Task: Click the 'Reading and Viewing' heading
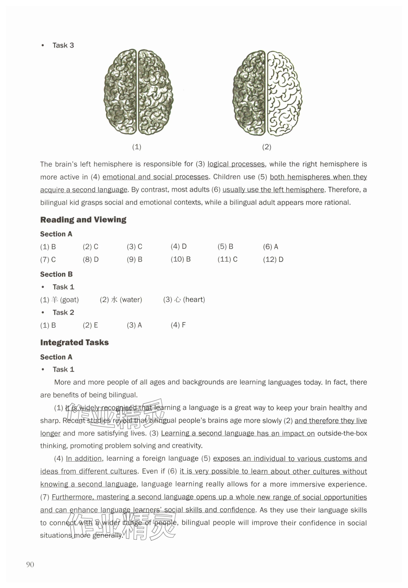(x=83, y=220)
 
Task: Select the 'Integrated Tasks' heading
(x=74, y=342)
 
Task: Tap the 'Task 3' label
(x=63, y=45)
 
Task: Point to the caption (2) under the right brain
(x=266, y=147)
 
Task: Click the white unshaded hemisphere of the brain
(x=284, y=93)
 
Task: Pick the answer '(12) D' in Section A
(x=273, y=260)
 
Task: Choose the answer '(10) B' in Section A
(x=180, y=259)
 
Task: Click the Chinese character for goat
(x=54, y=300)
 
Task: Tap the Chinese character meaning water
(x=114, y=300)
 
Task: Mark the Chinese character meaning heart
(x=177, y=300)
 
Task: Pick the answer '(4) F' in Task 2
(x=178, y=325)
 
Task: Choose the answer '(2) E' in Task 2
(x=90, y=325)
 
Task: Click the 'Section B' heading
(x=56, y=274)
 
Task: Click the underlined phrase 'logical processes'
(x=236, y=164)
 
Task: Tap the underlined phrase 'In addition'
(x=84, y=459)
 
